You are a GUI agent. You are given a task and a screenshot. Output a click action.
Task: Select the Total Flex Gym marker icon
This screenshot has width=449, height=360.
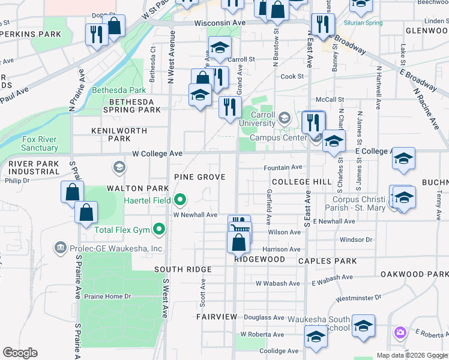[159, 228]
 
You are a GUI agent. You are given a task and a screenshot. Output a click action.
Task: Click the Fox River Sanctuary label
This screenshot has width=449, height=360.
[40, 143]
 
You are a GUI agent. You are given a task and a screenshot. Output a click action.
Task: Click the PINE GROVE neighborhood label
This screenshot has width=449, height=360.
[199, 177]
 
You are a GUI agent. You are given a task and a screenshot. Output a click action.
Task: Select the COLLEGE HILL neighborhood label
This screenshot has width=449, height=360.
[301, 182]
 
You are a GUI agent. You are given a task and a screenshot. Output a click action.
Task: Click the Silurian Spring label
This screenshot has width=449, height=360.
[363, 23]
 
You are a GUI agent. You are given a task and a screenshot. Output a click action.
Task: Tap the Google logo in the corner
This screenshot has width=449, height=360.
[20, 353]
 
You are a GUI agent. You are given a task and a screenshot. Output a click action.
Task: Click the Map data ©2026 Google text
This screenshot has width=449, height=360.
[412, 355]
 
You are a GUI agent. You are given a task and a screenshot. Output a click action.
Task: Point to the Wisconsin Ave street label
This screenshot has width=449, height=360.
[220, 23]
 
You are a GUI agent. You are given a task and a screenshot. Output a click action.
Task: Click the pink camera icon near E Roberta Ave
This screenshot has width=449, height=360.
[400, 332]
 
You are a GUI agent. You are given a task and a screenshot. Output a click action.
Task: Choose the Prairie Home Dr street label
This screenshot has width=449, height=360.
[109, 296]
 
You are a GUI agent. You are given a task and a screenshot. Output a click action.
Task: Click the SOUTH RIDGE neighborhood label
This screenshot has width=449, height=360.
[182, 269]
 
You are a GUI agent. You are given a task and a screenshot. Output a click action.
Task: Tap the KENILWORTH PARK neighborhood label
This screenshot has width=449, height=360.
[110, 134]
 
